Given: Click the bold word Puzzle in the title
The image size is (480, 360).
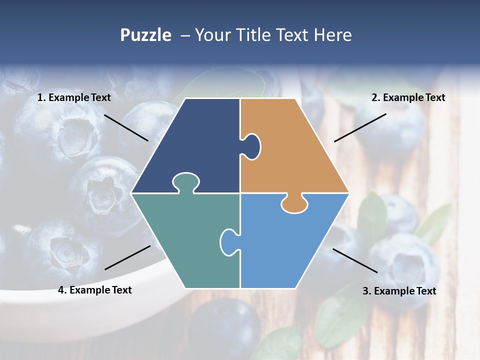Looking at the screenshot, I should [145, 35].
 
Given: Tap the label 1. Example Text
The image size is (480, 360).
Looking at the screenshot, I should [74, 97].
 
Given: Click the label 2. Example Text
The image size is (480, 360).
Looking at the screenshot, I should [408, 97].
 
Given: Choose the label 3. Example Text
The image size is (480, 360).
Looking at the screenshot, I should [399, 291].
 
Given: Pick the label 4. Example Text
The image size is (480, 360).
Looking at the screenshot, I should [94, 290].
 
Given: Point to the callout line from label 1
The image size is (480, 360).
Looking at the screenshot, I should [126, 127].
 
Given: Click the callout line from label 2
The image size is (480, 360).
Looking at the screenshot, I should [360, 127].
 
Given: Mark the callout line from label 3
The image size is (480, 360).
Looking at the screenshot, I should [355, 260].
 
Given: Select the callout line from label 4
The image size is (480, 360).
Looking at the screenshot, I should [127, 257].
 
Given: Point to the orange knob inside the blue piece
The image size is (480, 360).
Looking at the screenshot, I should [294, 204].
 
